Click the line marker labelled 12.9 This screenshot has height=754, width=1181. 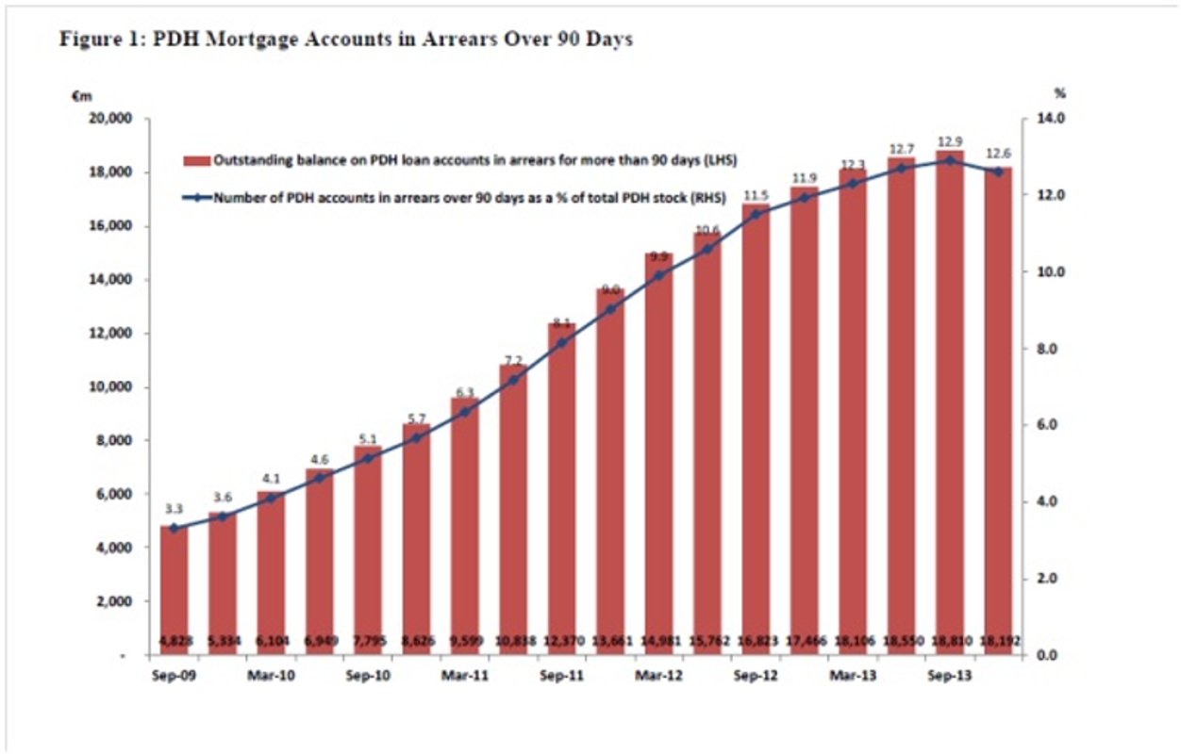click(x=950, y=160)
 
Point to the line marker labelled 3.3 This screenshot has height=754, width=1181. click(x=174, y=528)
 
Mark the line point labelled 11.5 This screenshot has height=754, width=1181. click(x=756, y=214)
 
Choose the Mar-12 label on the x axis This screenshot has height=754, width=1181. click(x=658, y=675)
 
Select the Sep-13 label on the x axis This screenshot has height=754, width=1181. click(x=950, y=675)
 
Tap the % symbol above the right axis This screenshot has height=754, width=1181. click(x=1059, y=94)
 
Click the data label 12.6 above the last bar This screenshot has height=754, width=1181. click(x=998, y=153)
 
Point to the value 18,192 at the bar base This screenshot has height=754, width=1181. click(x=998, y=641)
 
